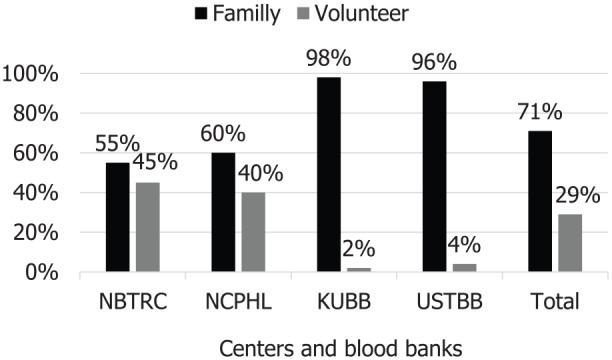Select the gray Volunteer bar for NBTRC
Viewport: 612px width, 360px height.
coord(147,227)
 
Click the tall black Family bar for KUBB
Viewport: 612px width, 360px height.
coord(329,174)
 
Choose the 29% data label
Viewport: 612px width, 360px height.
coord(577,195)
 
